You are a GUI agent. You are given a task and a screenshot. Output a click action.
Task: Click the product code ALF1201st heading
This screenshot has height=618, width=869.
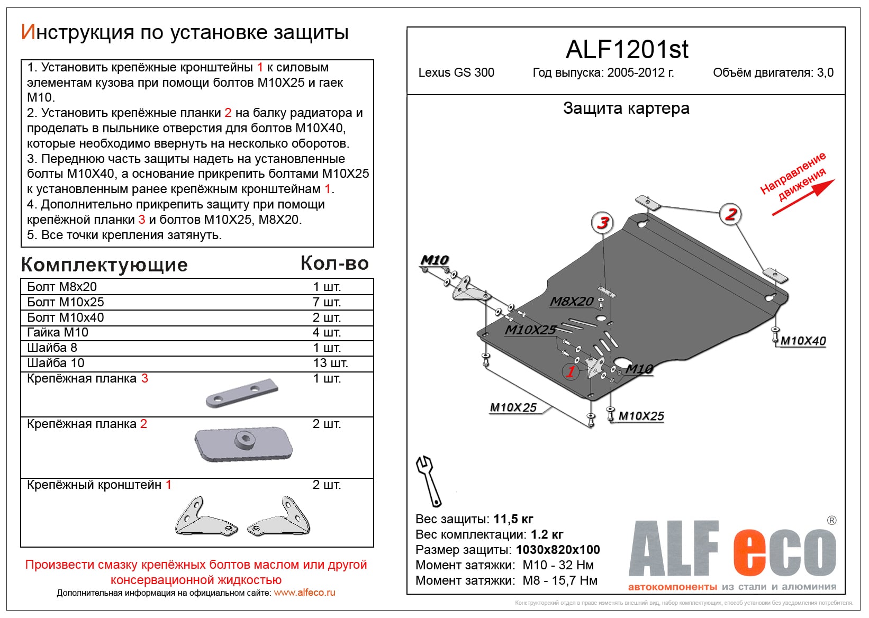pyautogui.click(x=627, y=50)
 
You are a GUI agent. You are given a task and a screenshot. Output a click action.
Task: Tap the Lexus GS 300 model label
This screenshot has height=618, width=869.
pyautogui.click(x=456, y=72)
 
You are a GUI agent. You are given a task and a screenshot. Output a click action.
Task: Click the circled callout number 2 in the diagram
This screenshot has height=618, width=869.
pyautogui.click(x=731, y=214)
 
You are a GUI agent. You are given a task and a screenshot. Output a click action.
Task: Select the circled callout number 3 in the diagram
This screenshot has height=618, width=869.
pyautogui.click(x=602, y=223)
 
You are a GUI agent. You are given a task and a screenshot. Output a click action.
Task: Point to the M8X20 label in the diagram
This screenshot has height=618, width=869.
pyautogui.click(x=572, y=302)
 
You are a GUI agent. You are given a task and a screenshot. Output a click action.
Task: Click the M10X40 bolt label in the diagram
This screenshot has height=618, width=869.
pyautogui.click(x=803, y=341)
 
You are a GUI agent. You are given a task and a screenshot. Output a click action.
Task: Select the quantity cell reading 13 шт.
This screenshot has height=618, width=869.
pyautogui.click(x=330, y=363)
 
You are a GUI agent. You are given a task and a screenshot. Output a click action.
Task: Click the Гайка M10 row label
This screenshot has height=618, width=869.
pyautogui.click(x=58, y=332)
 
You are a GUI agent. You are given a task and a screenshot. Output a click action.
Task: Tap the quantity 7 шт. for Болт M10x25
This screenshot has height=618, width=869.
pyautogui.click(x=327, y=302)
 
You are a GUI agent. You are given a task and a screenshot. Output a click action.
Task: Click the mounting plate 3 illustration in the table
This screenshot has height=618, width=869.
pyautogui.click(x=242, y=394)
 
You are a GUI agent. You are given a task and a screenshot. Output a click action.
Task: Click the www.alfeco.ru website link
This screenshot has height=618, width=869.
pyautogui.click(x=304, y=593)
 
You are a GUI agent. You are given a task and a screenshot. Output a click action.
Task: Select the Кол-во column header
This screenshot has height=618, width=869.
pyautogui.click(x=334, y=263)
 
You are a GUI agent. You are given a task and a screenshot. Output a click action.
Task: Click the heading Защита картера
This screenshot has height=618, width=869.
pyautogui.click(x=626, y=108)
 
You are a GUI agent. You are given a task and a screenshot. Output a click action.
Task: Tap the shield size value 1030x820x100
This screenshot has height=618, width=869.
pyautogui.click(x=558, y=550)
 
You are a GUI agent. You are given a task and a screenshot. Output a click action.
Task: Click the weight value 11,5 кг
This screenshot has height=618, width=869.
pyautogui.click(x=513, y=519)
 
